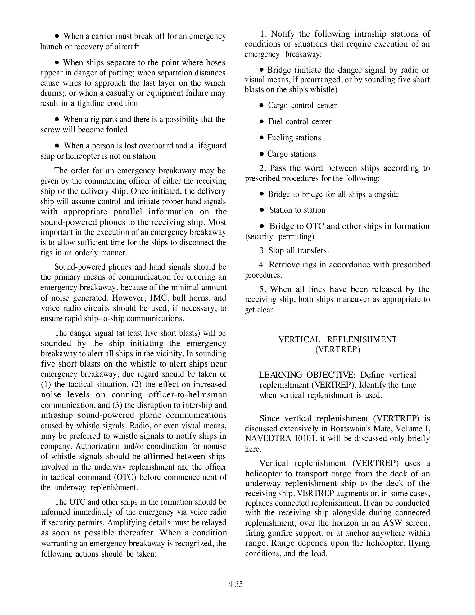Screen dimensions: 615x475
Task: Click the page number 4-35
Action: pos(235,584)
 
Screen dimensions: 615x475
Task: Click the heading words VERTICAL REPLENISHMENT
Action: pos(337,339)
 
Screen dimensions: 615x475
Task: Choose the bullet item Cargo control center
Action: pos(302,106)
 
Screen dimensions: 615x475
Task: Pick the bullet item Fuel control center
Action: pos(300,122)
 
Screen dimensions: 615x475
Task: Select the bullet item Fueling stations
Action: pos(294,138)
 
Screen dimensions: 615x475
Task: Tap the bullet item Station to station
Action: pos(297,210)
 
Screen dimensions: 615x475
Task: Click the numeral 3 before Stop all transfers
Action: pos(262,251)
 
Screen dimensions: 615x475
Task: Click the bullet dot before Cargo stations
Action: pos(262,154)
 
